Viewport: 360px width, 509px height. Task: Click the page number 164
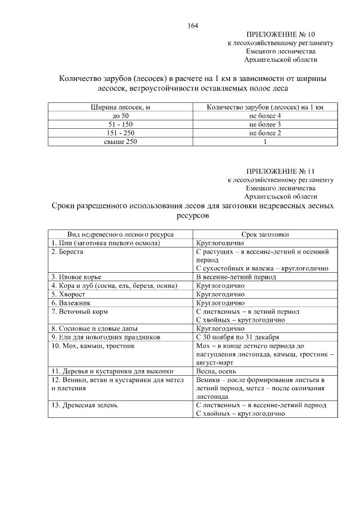pos(193,25)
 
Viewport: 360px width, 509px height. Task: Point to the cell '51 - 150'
pos(119,124)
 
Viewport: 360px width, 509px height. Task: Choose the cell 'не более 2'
pos(265,133)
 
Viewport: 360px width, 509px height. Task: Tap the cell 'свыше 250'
pos(119,142)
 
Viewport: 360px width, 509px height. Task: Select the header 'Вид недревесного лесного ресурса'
pos(120,235)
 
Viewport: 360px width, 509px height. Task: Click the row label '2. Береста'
pos(67,252)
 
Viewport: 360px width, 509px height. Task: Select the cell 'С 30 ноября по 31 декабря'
pos(239,337)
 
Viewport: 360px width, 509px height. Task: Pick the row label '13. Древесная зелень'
pos(84,405)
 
